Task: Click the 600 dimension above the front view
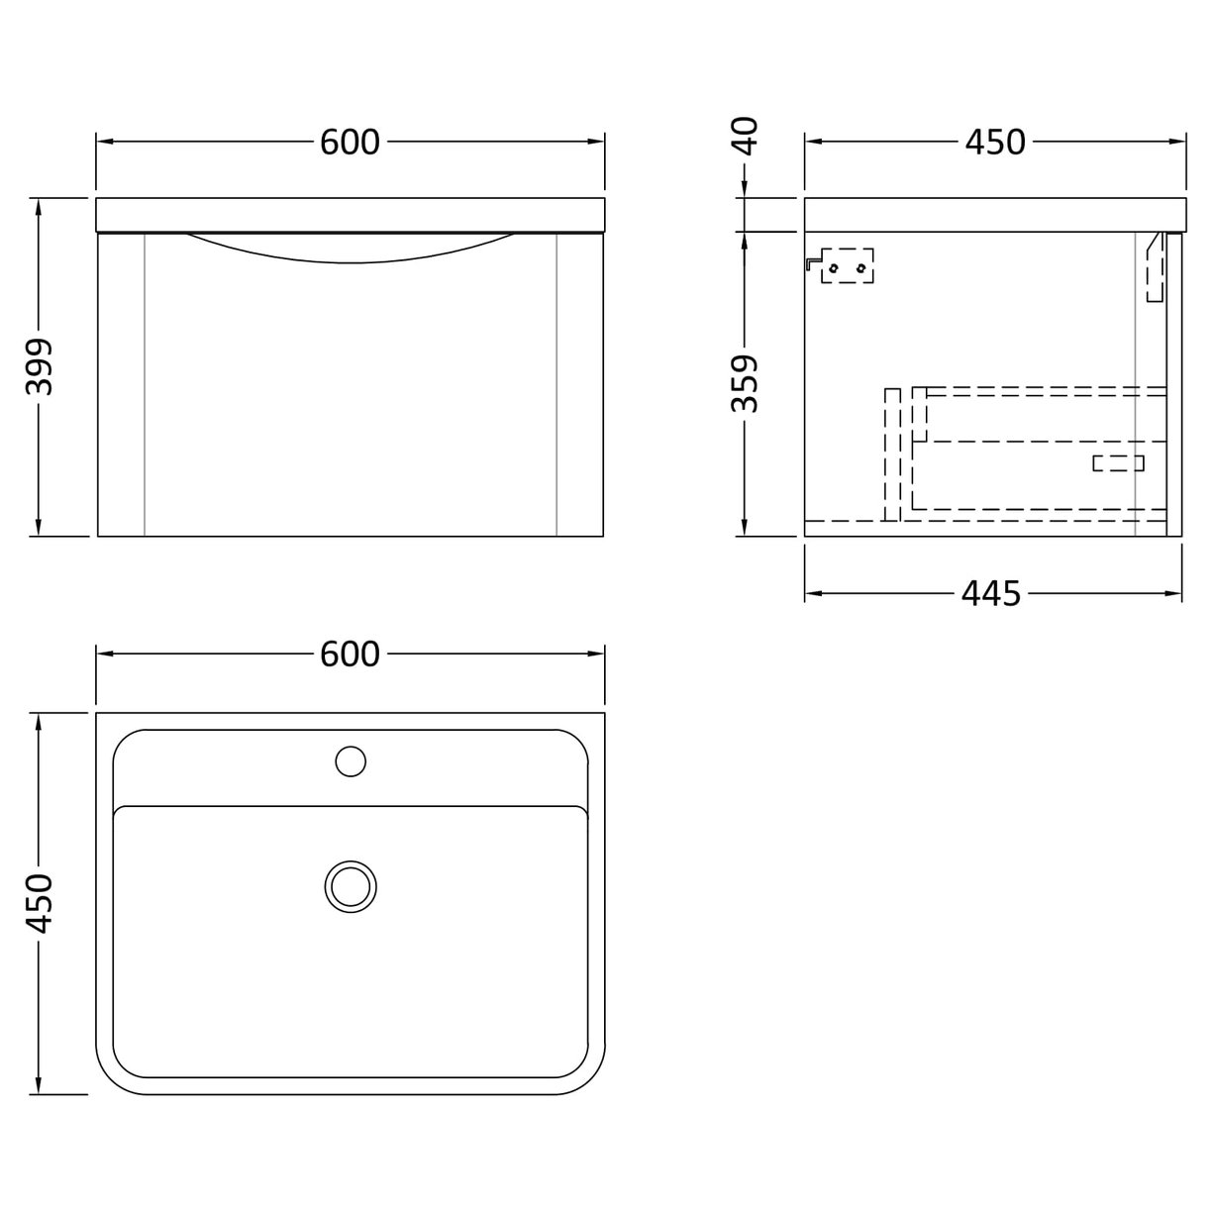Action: coord(350,143)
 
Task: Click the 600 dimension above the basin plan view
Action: coord(350,655)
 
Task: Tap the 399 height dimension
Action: coord(40,366)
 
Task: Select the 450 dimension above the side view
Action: coord(994,143)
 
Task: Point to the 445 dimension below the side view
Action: coord(990,594)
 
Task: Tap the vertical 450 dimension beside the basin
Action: coord(40,903)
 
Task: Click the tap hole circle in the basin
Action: coord(351,760)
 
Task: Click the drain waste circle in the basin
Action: coord(351,884)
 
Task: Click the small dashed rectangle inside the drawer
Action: coord(1118,462)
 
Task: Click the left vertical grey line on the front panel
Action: coord(145,386)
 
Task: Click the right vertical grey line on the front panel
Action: coord(557,386)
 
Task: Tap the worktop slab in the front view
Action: coord(350,214)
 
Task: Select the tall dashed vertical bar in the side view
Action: coord(892,454)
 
